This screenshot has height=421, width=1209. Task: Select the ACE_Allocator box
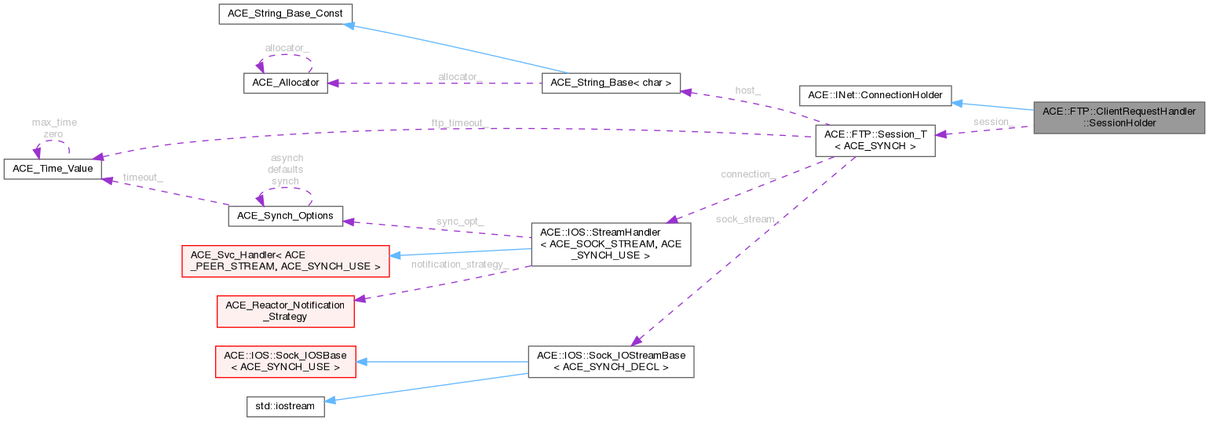(285, 83)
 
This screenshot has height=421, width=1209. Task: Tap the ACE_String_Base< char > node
(611, 83)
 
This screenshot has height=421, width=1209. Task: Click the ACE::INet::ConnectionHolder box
(875, 95)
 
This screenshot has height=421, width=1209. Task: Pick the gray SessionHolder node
(1120, 117)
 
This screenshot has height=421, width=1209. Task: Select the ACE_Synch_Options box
(285, 215)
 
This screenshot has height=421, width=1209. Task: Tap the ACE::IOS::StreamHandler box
(611, 243)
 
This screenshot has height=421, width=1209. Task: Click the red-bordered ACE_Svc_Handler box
(285, 261)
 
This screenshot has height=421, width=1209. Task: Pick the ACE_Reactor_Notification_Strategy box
(285, 310)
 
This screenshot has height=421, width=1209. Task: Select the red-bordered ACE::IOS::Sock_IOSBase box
(285, 361)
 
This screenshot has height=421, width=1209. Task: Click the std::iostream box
(280, 406)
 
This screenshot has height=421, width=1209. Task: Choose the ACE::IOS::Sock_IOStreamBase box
(611, 361)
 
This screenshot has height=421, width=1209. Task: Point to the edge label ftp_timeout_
(460, 124)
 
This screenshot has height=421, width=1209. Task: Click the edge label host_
(747, 91)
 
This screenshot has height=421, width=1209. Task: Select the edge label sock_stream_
(747, 219)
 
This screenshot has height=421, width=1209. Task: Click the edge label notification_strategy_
(460, 264)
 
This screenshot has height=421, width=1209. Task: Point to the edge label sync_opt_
(460, 222)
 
